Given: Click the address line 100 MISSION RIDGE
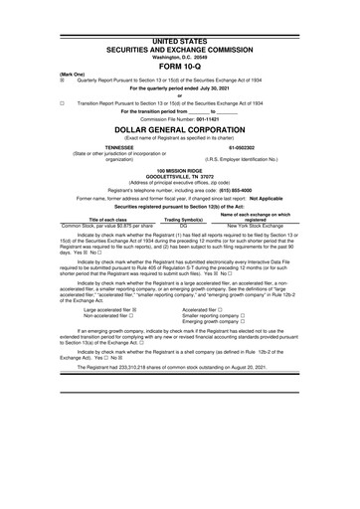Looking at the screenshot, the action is pyautogui.click(x=180, y=171).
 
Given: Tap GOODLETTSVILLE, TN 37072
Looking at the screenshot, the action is pyautogui.click(x=180, y=177).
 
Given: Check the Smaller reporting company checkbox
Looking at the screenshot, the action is pyautogui.click(x=243, y=316).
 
